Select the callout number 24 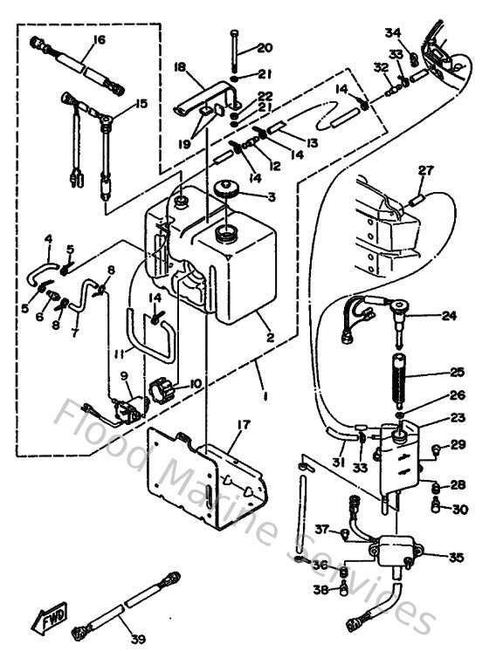[x=449, y=316]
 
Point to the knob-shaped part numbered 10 [x=164, y=385]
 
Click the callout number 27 [x=424, y=170]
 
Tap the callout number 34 [x=392, y=33]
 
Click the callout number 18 [x=181, y=66]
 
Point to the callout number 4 [x=48, y=237]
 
